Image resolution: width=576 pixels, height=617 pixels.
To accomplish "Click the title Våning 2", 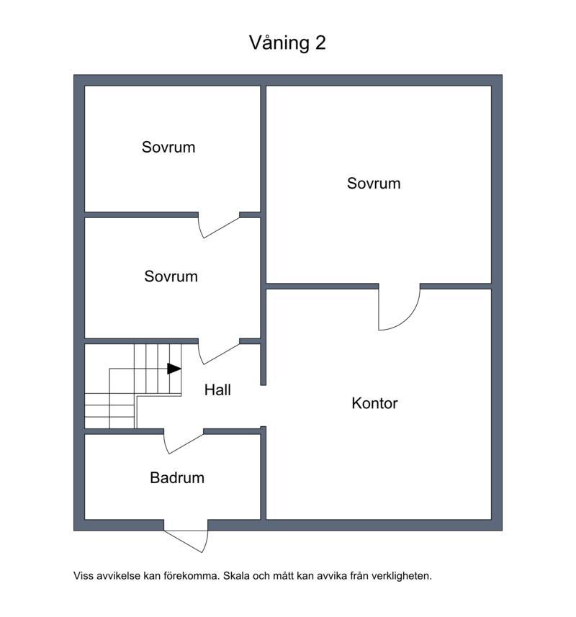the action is point(287,42).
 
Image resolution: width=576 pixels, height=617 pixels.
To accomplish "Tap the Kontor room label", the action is point(374,403).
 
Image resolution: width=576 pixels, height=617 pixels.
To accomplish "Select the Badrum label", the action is point(177,478).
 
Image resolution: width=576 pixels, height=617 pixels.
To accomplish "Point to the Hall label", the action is point(217,390).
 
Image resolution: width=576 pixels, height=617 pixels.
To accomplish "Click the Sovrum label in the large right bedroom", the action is point(374,184).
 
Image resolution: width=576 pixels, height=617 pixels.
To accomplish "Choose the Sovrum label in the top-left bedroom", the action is point(168,147).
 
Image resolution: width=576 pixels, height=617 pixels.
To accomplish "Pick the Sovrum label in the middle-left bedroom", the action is point(171,276).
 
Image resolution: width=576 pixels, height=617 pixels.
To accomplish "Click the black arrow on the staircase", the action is point(174,369).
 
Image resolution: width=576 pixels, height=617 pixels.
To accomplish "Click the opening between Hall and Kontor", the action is point(264,406).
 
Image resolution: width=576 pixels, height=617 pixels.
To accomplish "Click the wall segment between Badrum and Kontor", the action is point(264,474).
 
